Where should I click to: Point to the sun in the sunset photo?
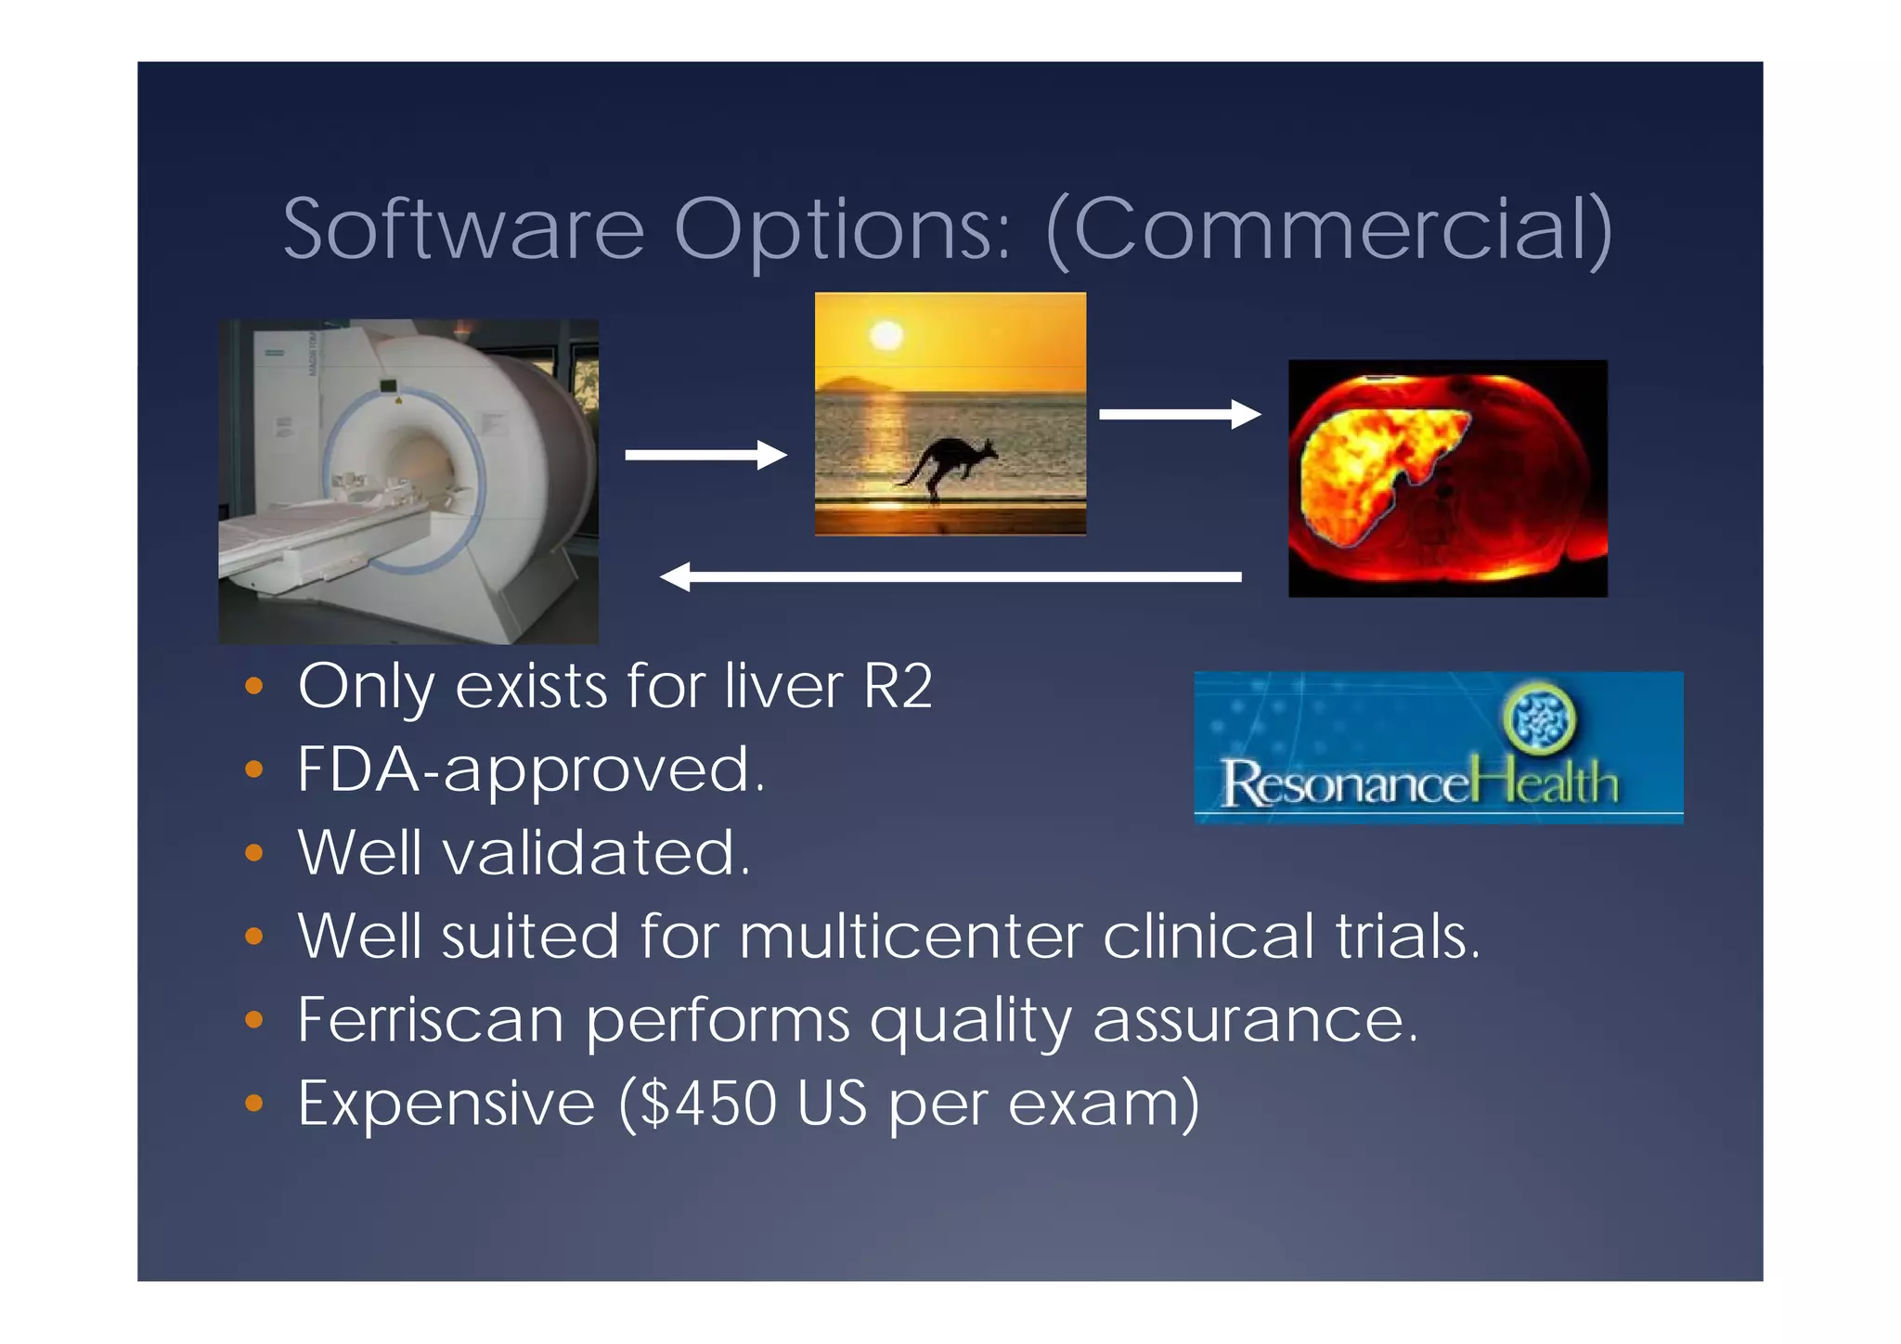pos(886,334)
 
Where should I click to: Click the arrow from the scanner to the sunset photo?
pos(705,455)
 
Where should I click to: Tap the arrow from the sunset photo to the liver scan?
pos(1179,414)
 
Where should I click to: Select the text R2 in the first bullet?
pos(898,687)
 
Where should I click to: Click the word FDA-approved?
pos(530,770)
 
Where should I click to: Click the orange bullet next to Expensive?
pos(253,1104)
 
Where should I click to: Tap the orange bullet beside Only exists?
pos(253,688)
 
